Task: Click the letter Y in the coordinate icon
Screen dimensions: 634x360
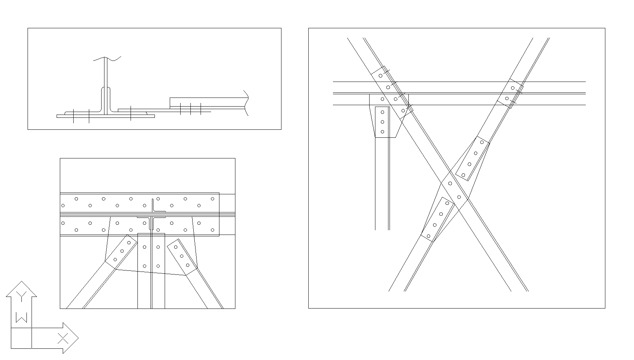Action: (21, 296)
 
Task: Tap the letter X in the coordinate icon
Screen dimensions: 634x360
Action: (63, 339)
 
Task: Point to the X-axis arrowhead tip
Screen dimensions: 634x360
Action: (78, 338)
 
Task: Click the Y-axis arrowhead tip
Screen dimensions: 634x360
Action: (21, 281)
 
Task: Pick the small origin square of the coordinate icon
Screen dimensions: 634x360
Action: (21, 338)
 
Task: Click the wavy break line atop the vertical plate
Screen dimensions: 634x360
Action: (107, 58)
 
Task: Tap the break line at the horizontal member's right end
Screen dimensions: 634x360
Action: (246, 103)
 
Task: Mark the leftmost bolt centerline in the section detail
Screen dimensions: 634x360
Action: (73, 116)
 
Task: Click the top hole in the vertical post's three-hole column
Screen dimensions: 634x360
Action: (382, 112)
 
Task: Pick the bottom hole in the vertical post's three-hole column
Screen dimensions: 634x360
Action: (382, 132)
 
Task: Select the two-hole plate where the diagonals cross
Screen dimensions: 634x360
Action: (454, 190)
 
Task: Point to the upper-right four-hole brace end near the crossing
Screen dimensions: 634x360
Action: (473, 159)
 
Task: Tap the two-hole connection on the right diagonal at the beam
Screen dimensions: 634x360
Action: (510, 93)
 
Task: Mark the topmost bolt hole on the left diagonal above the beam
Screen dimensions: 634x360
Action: (380, 76)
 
